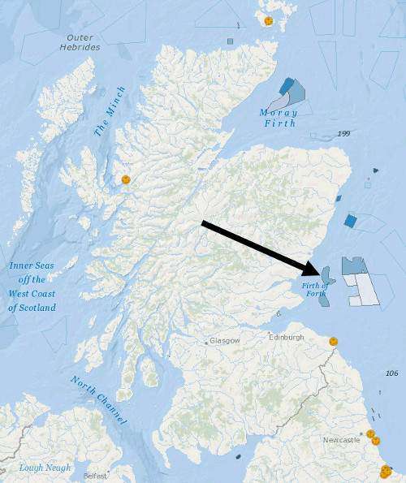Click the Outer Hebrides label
coord(80,41)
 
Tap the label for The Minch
coord(110,110)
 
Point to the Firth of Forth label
coord(314,289)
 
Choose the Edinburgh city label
coord(286,337)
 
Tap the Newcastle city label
coord(340,439)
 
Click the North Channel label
coord(99,401)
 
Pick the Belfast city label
coord(94,476)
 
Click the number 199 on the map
coord(343,133)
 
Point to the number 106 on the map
coord(391,373)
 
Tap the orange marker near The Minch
coord(125,179)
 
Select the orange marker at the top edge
coord(268,19)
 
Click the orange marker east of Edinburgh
coord(333,342)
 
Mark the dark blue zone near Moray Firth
coord(286,86)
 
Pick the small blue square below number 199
coord(350,220)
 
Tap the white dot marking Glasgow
coord(205,341)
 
